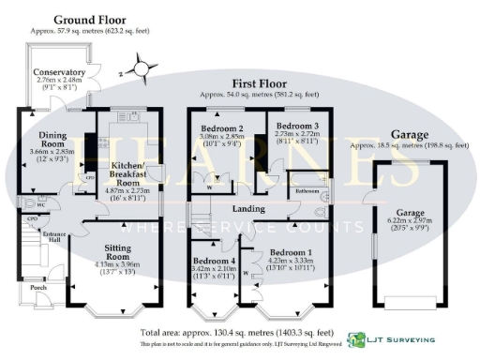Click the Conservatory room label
60,72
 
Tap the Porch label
37,287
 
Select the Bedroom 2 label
222,127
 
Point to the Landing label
247,208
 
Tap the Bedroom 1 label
290,253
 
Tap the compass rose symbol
142,67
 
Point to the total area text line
236,333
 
